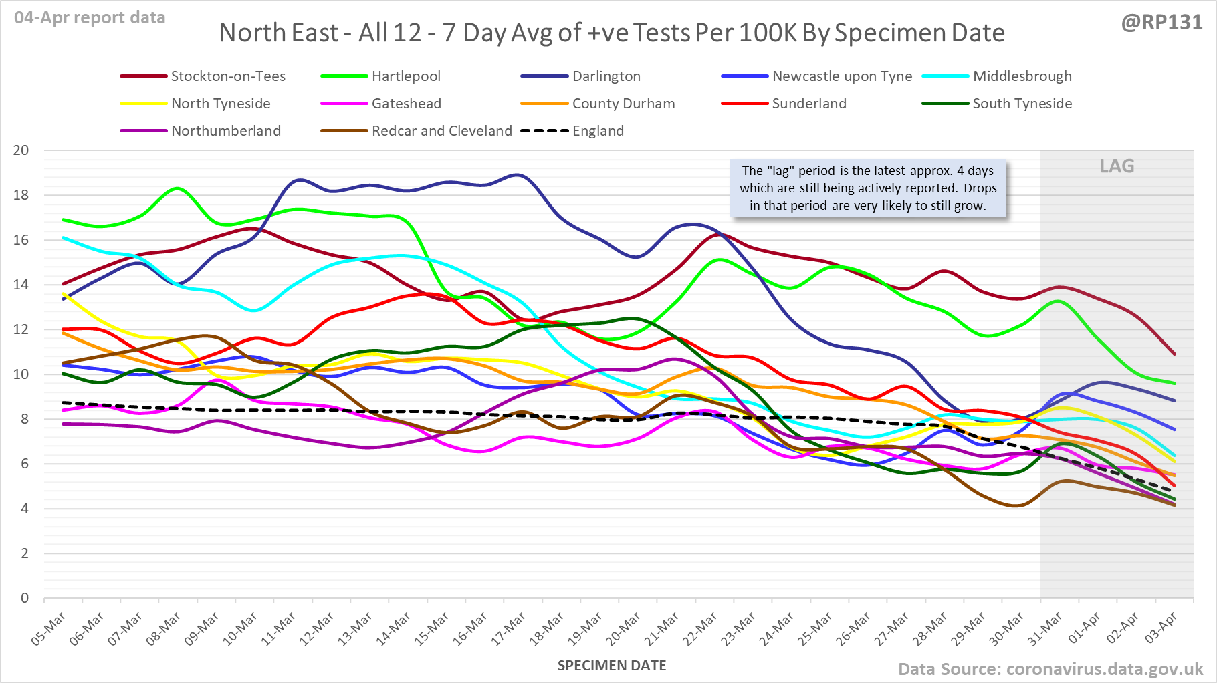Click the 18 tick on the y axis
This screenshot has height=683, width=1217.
pyautogui.click(x=21, y=195)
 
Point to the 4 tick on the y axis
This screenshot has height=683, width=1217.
pyautogui.click(x=25, y=509)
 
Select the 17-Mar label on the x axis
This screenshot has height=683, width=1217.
pyautogui.click(x=509, y=629)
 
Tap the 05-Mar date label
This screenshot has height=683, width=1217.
pyautogui.click(x=49, y=629)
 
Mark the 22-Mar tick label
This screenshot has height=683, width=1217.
pyautogui.click(x=700, y=629)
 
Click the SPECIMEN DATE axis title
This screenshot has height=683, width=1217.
pyautogui.click(x=612, y=666)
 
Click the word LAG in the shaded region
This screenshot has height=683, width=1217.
pyautogui.click(x=1117, y=166)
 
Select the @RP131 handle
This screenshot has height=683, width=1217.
pyautogui.click(x=1161, y=23)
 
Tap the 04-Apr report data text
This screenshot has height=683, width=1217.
pyautogui.click(x=90, y=18)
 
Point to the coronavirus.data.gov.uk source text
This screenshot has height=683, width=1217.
pyautogui.click(x=1104, y=669)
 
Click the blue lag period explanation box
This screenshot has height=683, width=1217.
pyautogui.click(x=867, y=188)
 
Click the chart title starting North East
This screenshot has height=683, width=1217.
pyautogui.click(x=612, y=33)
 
